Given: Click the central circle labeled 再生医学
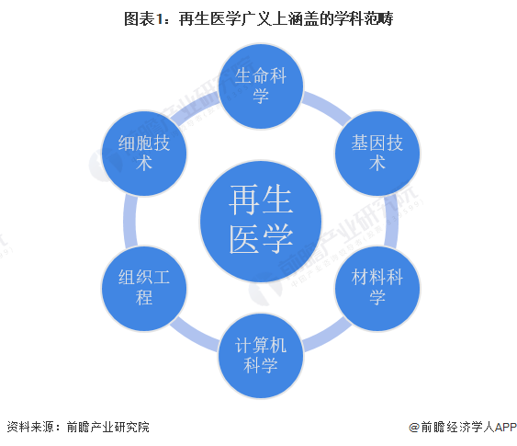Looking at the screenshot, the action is click(261, 222).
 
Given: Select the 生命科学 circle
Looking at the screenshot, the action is click(261, 86).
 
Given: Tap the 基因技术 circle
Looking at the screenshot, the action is click(377, 154).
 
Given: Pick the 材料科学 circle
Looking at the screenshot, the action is click(377, 289).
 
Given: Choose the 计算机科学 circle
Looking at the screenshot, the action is click(261, 356).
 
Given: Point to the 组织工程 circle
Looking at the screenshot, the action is click(144, 289).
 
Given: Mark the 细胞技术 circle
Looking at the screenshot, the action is click(144, 154).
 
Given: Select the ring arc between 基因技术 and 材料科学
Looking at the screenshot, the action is click(392, 222).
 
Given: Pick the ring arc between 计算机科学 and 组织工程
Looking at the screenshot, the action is click(194, 337).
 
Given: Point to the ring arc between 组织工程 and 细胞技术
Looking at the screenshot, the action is click(129, 222).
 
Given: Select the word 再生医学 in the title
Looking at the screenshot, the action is click(209, 18).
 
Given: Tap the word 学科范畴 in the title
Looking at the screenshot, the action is click(363, 18).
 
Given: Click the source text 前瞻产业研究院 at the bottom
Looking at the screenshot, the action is click(107, 428).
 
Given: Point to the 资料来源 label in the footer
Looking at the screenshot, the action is click(30, 428).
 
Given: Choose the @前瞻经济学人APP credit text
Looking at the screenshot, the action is click(463, 428).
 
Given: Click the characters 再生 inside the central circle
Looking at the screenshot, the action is click(261, 200).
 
